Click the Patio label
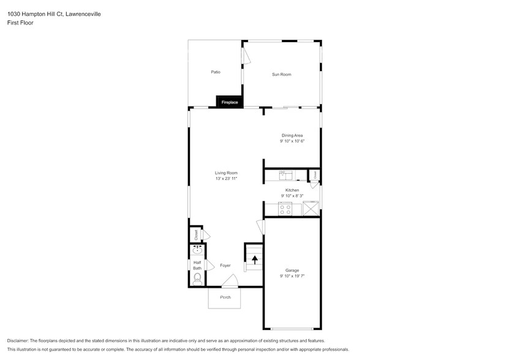pyautogui.click(x=216, y=72)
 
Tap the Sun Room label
pyautogui.click(x=281, y=74)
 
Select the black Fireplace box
pyautogui.click(x=229, y=102)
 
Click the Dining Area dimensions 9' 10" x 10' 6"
pyautogui.click(x=292, y=141)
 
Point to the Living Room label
pyautogui.click(x=225, y=173)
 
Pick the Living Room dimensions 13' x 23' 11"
pyautogui.click(x=225, y=178)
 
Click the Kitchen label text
pyautogui.click(x=292, y=190)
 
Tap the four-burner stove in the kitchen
pyautogui.click(x=285, y=209)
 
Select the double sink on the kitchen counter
pyautogui.click(x=286, y=176)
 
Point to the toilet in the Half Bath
pyautogui.click(x=197, y=279)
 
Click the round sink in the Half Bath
pyautogui.click(x=197, y=250)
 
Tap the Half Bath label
pyautogui.click(x=197, y=265)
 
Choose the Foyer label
pyautogui.click(x=225, y=265)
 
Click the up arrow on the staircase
pyautogui.click(x=255, y=260)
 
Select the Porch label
pyautogui.click(x=225, y=297)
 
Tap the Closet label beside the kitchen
pyautogui.click(x=315, y=174)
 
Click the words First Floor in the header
pyautogui.click(x=21, y=23)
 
